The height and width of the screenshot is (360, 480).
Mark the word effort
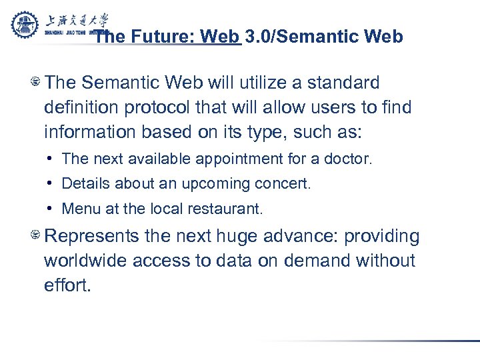pos(67,285)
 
